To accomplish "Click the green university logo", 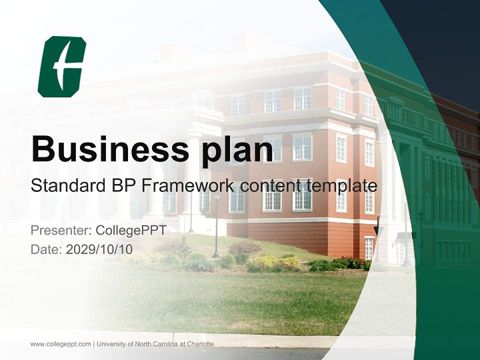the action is [62, 66].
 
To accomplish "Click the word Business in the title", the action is [110, 149].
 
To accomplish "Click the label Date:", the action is [46, 249].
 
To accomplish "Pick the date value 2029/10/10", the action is [99, 249].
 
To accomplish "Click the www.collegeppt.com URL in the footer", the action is [60, 344].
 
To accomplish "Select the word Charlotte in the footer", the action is [200, 344].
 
